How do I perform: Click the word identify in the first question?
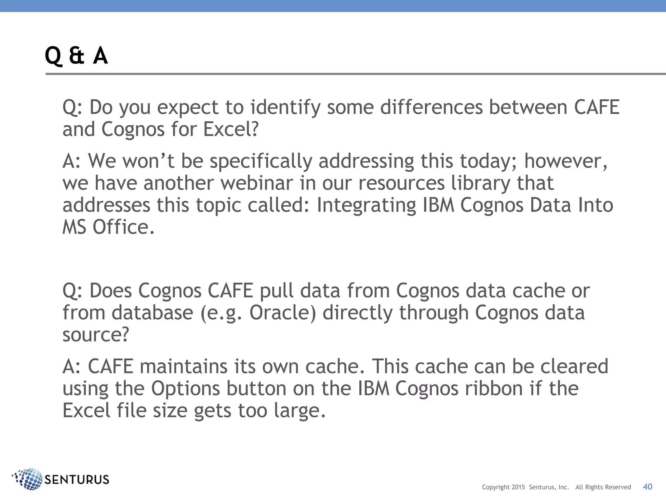point(286,107)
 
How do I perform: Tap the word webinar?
point(257,183)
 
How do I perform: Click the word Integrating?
point(366,205)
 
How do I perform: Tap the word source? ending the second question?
point(96,335)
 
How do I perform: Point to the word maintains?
point(183,366)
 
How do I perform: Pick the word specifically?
point(261,161)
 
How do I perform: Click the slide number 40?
point(647,487)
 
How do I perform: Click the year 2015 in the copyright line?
point(518,487)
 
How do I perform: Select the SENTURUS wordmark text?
point(77,479)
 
